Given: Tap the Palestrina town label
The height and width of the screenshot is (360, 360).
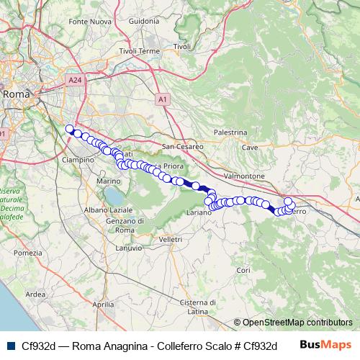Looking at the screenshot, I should (x=231, y=132).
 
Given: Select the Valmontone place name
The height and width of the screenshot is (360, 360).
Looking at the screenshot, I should (x=240, y=175).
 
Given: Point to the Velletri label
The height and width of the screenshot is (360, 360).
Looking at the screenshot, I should (x=171, y=238).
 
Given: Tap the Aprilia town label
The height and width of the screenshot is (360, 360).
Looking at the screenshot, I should (x=104, y=305).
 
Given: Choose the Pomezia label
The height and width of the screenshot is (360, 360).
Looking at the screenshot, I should (x=28, y=253).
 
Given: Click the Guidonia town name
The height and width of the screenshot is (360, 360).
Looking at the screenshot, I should (x=143, y=22).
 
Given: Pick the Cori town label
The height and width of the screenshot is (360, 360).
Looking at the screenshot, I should (x=242, y=270).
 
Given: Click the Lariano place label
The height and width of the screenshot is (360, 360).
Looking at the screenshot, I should (x=199, y=214).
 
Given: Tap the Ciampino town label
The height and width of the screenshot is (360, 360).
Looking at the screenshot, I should (x=78, y=159).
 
